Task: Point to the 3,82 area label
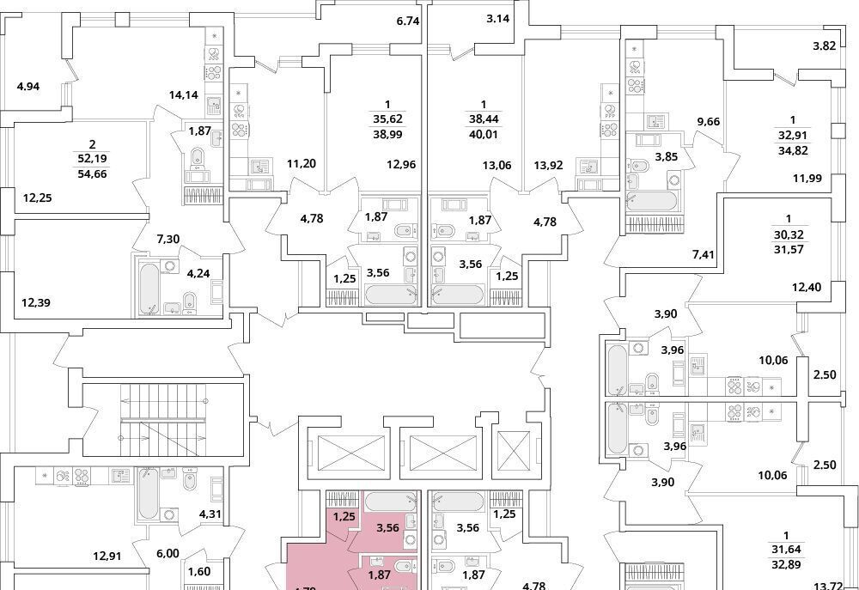824,46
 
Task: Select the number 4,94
29,86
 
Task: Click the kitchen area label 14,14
185,94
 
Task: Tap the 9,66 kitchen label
708,121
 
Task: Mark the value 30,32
792,233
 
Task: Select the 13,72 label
829,586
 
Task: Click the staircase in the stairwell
163,421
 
